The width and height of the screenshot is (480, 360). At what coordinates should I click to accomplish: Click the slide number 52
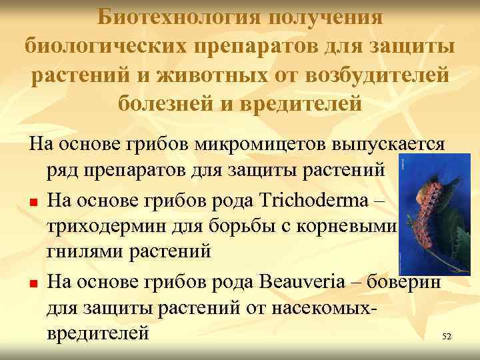click(x=447, y=337)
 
